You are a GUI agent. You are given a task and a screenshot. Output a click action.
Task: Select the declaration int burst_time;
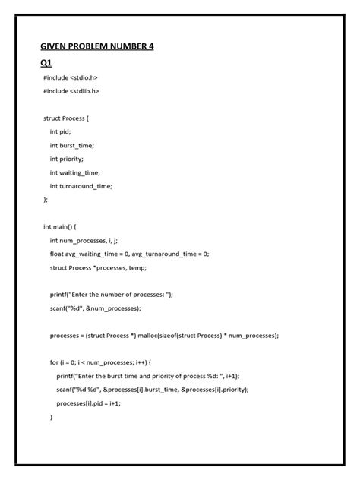(75, 145)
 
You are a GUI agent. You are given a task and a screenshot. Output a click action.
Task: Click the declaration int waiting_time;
(77, 172)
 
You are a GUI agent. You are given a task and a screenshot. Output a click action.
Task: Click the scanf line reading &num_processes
(94, 308)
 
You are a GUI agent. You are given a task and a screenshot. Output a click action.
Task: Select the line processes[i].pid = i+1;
(89, 403)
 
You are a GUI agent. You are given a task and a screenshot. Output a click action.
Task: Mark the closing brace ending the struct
(46, 199)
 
